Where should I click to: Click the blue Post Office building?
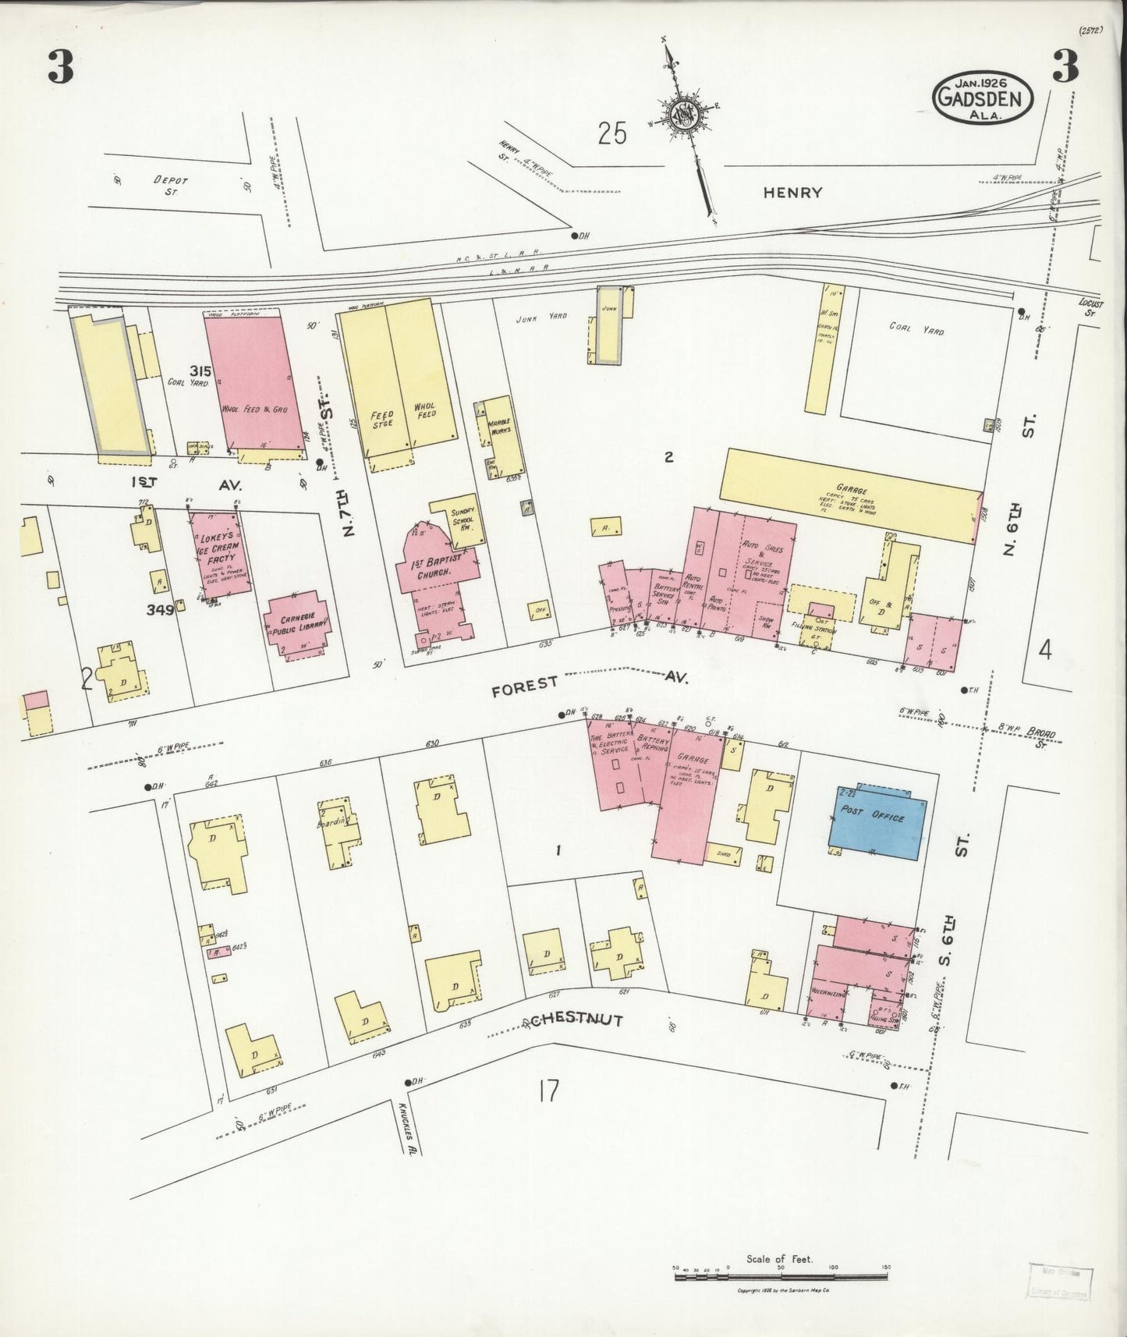877,821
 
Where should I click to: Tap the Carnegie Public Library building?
297,626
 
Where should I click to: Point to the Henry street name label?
792,192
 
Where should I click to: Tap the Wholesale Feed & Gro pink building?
253,382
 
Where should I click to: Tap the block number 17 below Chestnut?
548,1091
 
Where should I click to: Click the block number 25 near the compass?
612,134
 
